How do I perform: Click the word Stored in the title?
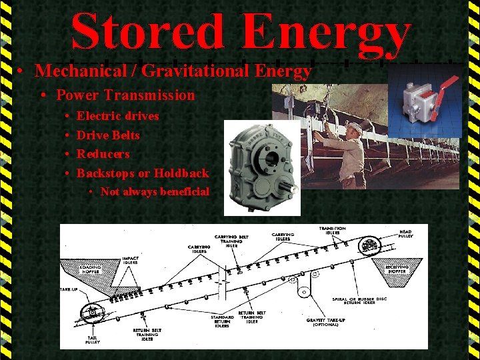(147, 32)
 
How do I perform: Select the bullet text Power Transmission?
(125, 95)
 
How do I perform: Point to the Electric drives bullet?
(118, 116)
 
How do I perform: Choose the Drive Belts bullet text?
(108, 135)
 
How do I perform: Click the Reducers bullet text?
(103, 154)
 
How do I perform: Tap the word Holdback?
(181, 173)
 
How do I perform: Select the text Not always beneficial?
(155, 192)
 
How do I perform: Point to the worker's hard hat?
(355, 126)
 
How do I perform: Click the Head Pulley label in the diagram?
(405, 234)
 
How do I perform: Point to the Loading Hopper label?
(91, 269)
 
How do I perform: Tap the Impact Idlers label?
(130, 261)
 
